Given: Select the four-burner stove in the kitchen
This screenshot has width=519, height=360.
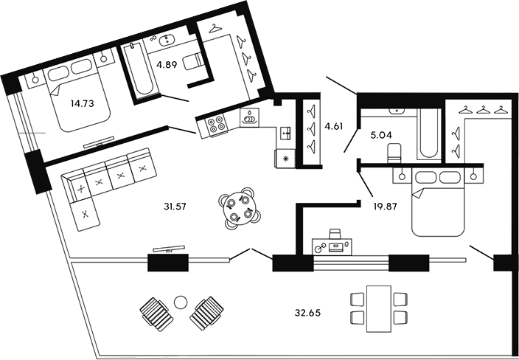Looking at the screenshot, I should tap(217, 125).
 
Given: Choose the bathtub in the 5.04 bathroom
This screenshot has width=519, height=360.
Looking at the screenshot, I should tap(428, 135).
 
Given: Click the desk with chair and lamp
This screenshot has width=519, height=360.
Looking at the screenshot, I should tap(332, 242).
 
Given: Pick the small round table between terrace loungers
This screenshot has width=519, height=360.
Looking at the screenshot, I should tap(181, 301).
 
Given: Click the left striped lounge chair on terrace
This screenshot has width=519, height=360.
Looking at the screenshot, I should tap(155, 313).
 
